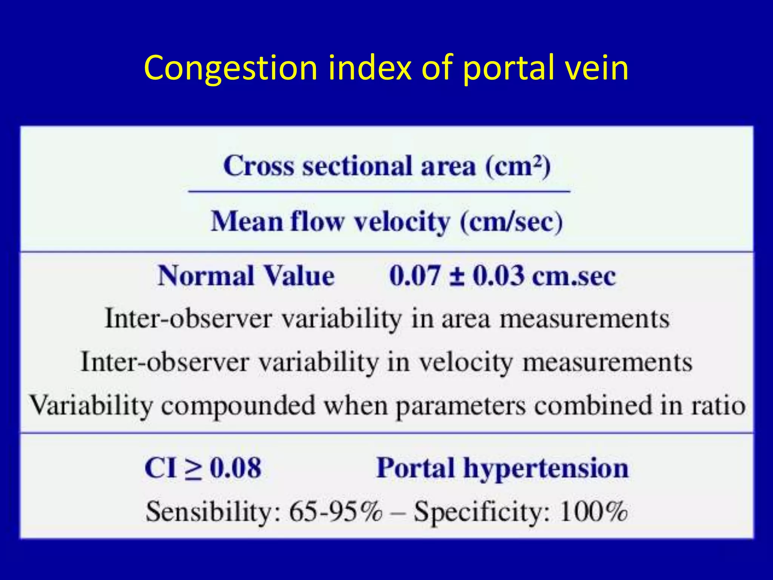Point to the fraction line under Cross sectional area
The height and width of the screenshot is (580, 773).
coord(379,191)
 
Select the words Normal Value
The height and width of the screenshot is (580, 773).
coord(246,276)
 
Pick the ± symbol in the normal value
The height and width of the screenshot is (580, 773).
coord(457,276)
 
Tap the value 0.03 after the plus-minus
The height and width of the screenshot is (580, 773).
coord(499,276)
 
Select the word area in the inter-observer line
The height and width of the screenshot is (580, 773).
coord(465,319)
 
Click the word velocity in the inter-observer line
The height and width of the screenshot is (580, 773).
coord(466,362)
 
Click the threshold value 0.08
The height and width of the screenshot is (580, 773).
coord(236,468)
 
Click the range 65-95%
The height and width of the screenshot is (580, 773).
coord(336,512)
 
